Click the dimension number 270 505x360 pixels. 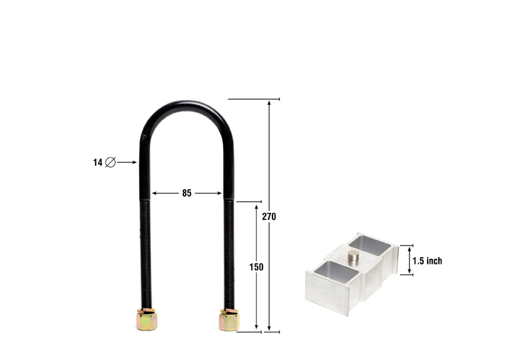[269, 217]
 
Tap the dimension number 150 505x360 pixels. [256, 267]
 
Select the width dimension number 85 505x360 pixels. [187, 194]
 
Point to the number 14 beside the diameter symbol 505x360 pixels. [97, 162]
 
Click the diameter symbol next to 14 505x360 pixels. [111, 162]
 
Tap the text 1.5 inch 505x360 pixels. [427, 261]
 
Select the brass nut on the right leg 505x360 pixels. [229, 319]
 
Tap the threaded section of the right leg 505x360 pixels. [229, 251]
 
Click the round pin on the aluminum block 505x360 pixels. [354, 256]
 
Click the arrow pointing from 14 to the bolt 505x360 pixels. [127, 162]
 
